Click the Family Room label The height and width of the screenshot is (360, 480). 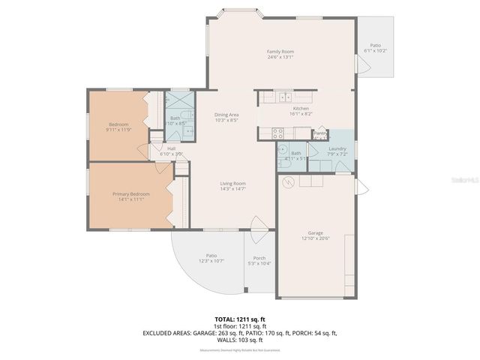280,52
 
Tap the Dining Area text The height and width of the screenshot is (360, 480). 226,115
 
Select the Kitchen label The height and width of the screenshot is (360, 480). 301,108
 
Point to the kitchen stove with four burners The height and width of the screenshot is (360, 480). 277,133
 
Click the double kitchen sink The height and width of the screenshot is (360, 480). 285,97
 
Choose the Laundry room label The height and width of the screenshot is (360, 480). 337,148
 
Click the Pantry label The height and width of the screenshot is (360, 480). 320,133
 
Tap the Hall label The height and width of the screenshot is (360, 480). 171,148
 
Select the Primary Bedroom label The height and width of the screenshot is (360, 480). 131,194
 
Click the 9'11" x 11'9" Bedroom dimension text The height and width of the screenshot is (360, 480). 119,130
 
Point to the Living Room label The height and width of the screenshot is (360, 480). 232,184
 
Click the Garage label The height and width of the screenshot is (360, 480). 315,233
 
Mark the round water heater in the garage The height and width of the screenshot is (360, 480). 286,181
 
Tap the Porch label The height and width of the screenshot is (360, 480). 259,258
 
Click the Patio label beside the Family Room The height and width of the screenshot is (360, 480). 375,46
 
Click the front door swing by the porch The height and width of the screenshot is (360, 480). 257,225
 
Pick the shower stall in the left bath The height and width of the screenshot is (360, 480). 180,100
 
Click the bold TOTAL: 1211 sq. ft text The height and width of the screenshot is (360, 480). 240,319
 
